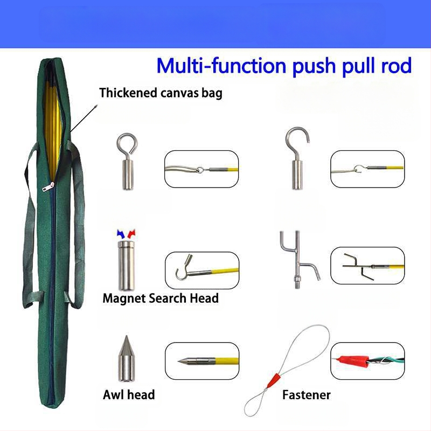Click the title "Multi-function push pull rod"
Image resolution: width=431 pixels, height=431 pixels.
click(x=284, y=66)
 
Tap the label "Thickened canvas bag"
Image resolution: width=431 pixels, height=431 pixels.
click(x=161, y=93)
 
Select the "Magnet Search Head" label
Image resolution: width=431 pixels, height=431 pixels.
click(x=160, y=298)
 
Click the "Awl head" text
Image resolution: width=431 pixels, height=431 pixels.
click(x=129, y=394)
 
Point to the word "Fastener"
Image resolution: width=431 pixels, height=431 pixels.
click(x=306, y=395)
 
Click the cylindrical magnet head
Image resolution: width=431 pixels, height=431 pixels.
click(x=126, y=266)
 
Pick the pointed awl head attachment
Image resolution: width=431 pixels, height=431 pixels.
click(x=125, y=360)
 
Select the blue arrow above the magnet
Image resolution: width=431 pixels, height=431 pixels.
click(x=121, y=233)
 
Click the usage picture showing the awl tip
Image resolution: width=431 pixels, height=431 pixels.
click(x=201, y=360)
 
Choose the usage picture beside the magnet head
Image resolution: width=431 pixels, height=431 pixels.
click(x=201, y=268)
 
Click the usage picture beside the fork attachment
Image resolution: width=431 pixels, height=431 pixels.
click(x=367, y=266)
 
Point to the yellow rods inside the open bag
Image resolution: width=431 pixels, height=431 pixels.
click(x=57, y=119)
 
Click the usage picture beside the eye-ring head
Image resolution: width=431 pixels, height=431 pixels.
click(x=201, y=169)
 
